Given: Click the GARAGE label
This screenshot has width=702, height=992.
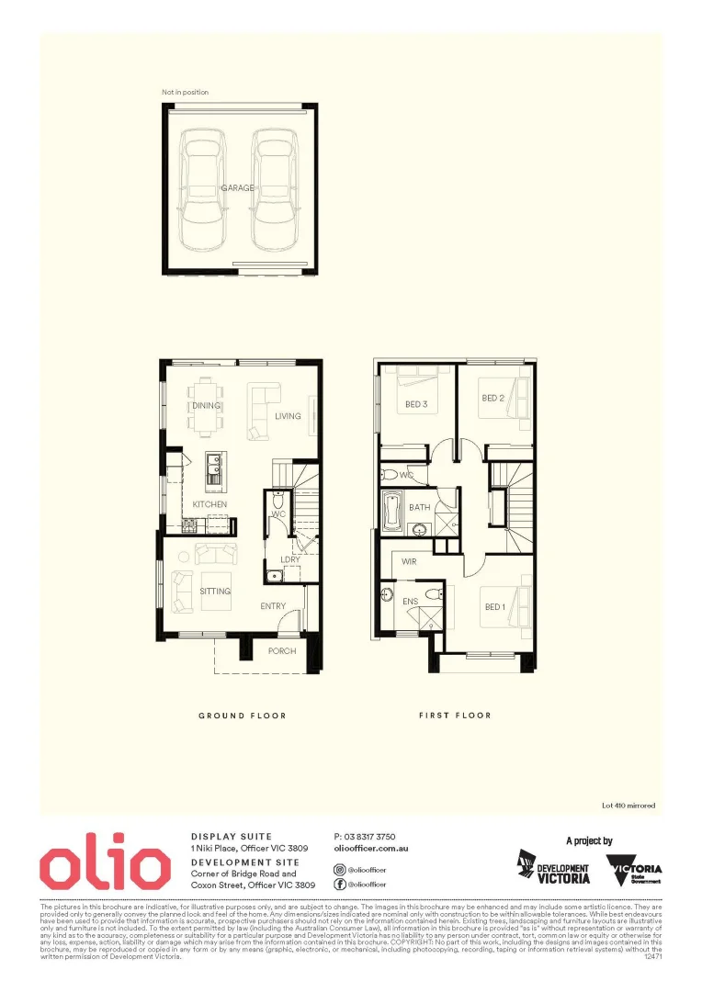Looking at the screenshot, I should (x=236, y=188).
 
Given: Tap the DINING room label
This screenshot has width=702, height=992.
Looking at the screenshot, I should (x=206, y=405).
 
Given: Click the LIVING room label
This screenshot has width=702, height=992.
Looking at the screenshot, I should (x=288, y=416).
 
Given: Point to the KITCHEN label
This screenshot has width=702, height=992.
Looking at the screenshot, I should (x=209, y=505).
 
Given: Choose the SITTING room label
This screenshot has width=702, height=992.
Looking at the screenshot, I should (x=215, y=592).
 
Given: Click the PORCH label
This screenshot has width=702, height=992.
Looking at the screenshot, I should (x=281, y=651).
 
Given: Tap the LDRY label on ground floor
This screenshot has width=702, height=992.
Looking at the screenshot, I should (x=289, y=559).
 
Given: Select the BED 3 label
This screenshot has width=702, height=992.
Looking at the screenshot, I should (x=416, y=404).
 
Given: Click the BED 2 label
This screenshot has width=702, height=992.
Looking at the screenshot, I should (x=493, y=398).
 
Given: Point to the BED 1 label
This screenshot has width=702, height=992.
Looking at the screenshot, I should (x=494, y=607).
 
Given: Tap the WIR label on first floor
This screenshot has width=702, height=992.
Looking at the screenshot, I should (x=410, y=560).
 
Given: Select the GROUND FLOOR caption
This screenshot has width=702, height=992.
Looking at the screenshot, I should (x=243, y=716).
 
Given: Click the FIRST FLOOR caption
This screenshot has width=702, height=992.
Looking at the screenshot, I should (x=455, y=716).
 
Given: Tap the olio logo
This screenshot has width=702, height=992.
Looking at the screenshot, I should (x=105, y=864).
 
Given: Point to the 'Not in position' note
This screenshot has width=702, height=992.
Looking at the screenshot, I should (x=185, y=93).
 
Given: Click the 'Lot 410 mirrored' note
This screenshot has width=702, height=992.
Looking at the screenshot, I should (x=628, y=806).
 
